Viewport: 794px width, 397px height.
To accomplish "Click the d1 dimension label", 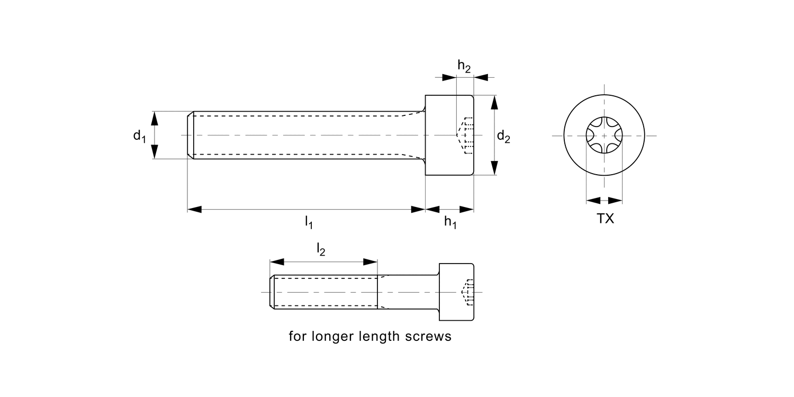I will click(x=139, y=136).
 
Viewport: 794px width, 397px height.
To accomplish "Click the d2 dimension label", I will click(x=503, y=137).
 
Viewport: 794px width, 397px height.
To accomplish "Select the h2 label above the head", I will click(x=464, y=66).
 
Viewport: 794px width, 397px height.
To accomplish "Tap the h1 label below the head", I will click(x=450, y=222).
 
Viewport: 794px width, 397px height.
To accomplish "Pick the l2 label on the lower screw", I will click(x=321, y=249).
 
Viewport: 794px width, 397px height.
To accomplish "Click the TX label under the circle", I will click(x=606, y=219).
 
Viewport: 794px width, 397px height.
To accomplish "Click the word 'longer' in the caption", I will click(x=334, y=337).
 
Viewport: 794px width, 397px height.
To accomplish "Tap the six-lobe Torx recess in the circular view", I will click(x=604, y=136).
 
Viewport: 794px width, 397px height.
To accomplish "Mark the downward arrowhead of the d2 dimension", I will click(x=494, y=168).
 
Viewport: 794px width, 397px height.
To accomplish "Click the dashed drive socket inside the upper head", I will click(x=466, y=136).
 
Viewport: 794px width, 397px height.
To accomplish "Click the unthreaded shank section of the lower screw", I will click(x=408, y=292).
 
